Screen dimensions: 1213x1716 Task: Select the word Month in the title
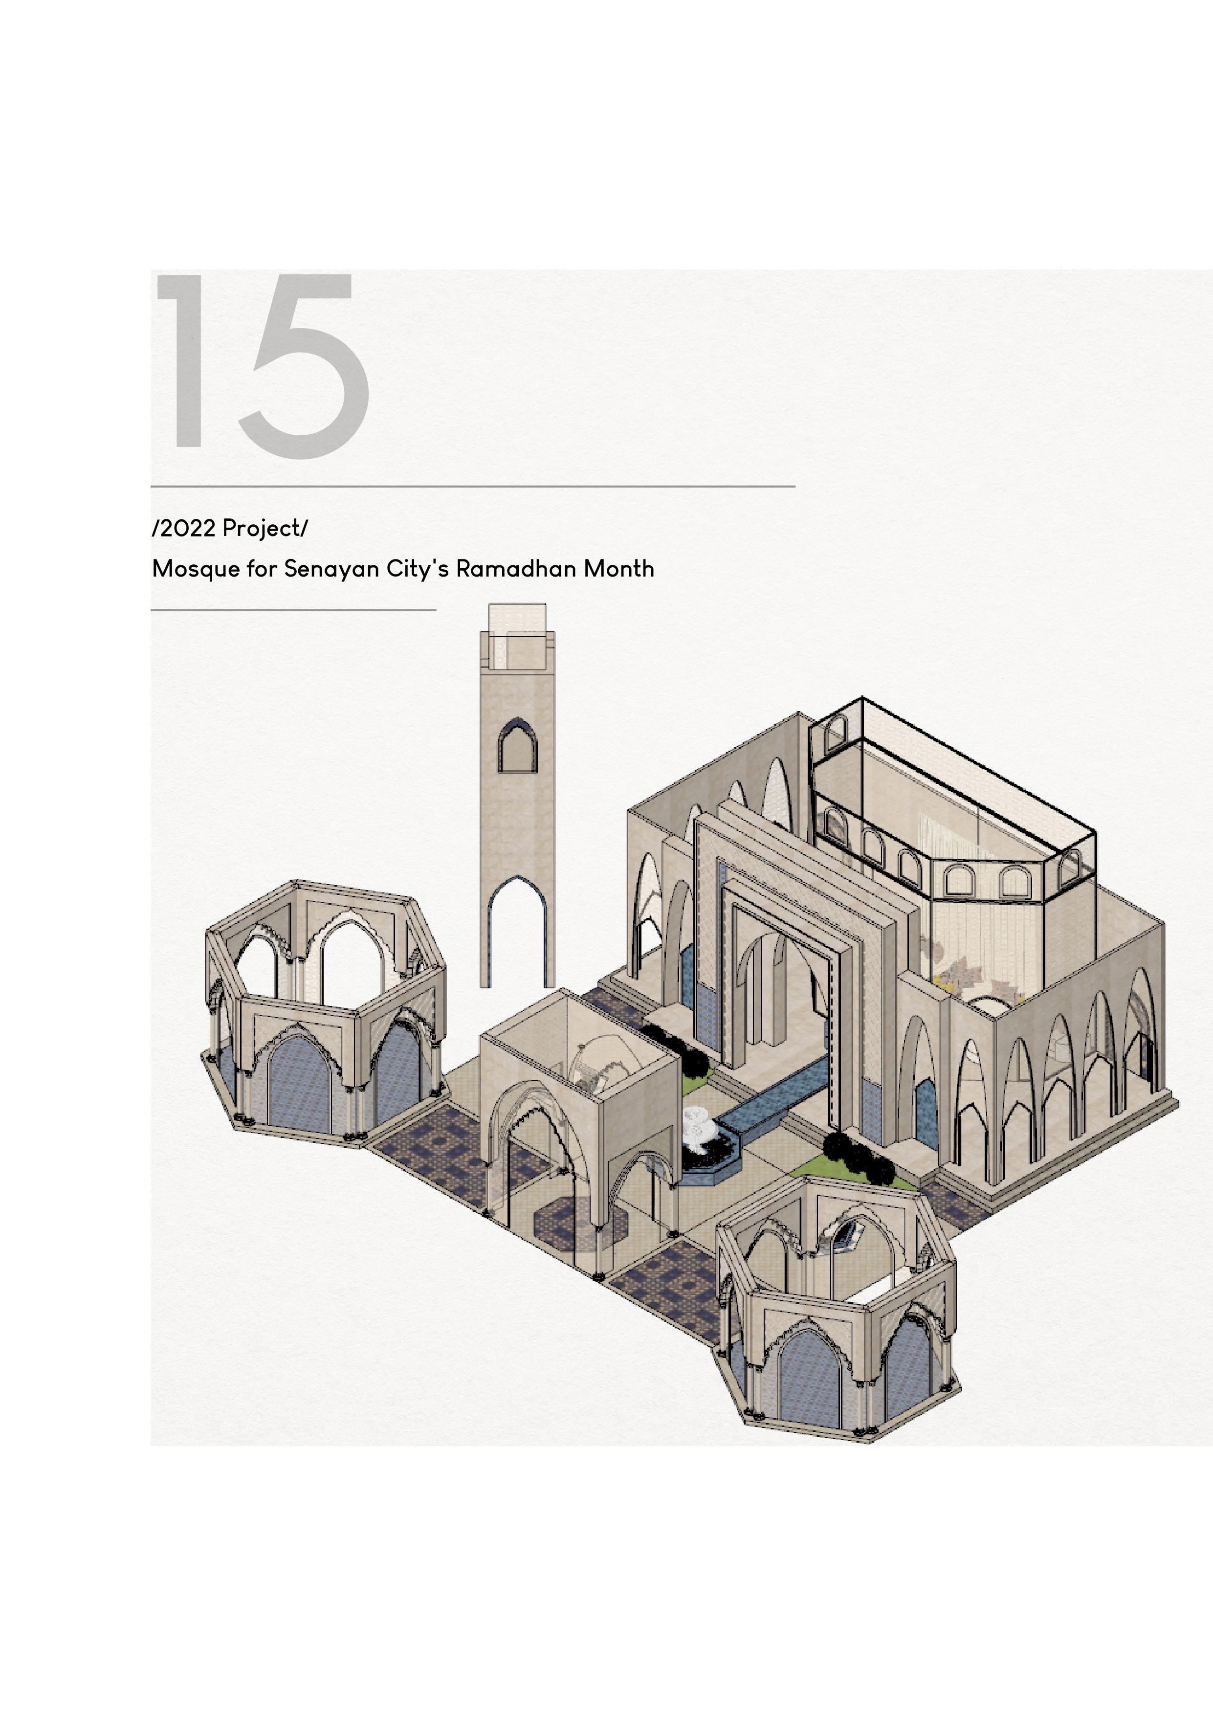(619, 570)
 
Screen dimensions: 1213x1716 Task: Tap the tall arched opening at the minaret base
(517, 934)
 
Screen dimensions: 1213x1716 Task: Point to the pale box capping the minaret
(517, 635)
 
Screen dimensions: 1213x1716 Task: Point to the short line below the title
(293, 610)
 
